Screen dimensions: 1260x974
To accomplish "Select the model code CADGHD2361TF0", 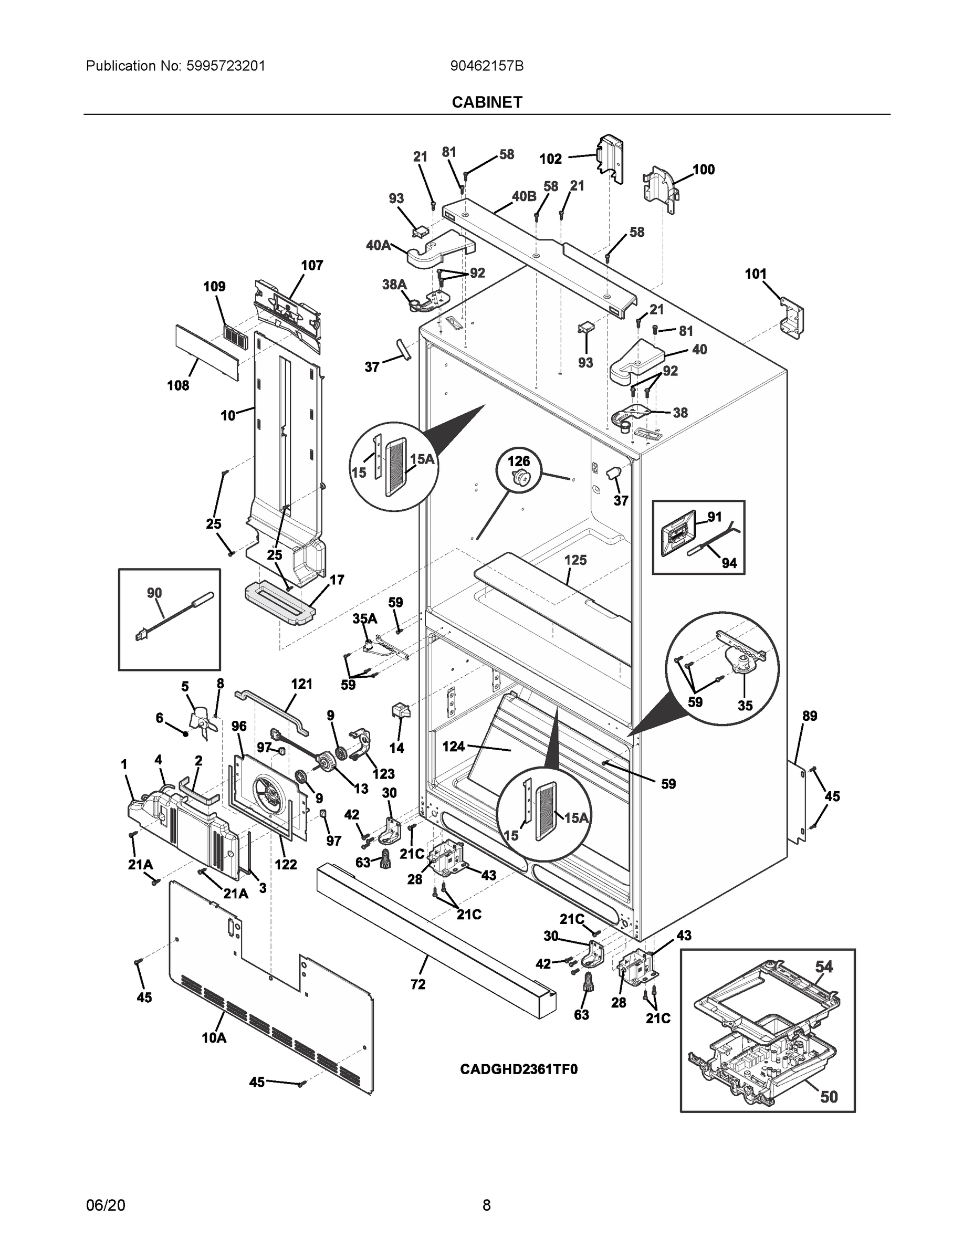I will (518, 1069).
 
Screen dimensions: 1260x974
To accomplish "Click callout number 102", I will (550, 159).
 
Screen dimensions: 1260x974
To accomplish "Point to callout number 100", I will (703, 169).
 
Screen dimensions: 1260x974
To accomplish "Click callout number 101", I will (756, 274).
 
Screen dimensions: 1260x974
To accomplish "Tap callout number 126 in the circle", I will (518, 461).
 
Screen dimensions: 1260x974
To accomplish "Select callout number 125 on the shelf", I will (575, 560).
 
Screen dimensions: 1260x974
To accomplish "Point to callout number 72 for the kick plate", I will (418, 984).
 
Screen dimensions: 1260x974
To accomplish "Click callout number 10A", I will (214, 1038).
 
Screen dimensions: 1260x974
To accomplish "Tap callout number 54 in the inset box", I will (823, 967).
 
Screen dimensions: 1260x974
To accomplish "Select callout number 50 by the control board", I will (829, 1097).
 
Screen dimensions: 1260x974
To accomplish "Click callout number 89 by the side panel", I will (810, 716).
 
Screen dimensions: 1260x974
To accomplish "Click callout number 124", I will (453, 746).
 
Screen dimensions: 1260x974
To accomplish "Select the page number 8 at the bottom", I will (486, 1205).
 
